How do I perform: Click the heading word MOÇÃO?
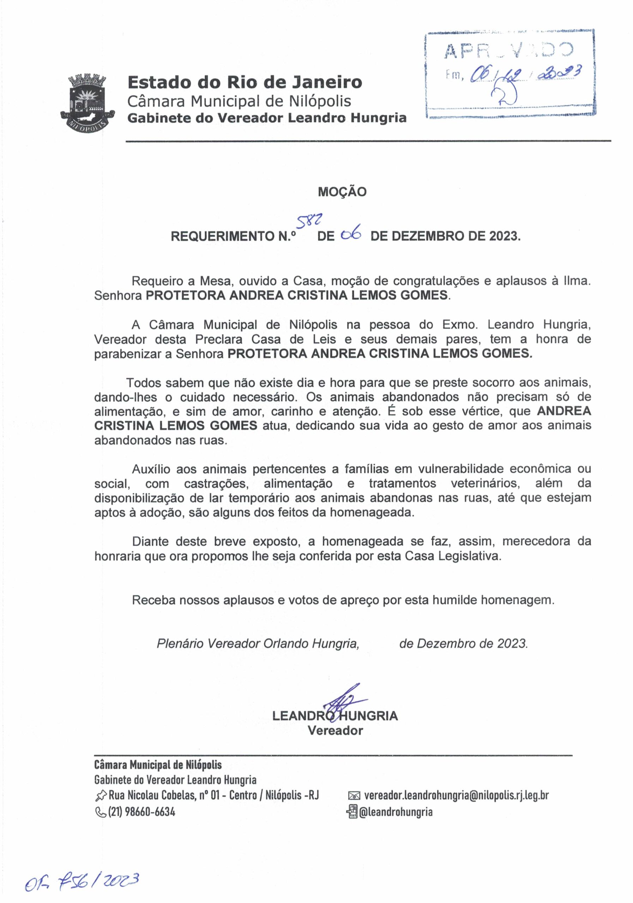pos(342,192)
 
